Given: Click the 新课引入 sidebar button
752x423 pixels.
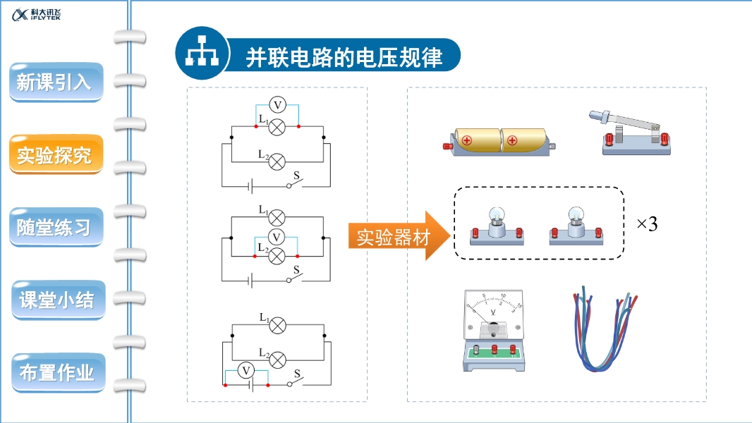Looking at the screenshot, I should [x=55, y=82].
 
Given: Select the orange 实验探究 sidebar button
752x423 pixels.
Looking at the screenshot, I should [x=55, y=155].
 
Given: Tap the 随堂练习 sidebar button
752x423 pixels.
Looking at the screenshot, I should [x=55, y=227].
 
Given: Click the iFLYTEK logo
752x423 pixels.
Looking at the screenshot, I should [x=37, y=15].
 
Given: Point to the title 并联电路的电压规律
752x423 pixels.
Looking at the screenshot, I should [x=344, y=58].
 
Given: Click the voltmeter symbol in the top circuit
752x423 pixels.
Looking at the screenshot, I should [x=277, y=105].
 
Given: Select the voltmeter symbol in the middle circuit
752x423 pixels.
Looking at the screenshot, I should [x=277, y=237].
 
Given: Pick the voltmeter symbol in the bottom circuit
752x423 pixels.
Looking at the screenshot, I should [x=246, y=370].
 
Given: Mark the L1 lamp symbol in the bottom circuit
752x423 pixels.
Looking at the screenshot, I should [x=279, y=324].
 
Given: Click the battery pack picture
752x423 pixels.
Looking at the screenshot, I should [x=499, y=141].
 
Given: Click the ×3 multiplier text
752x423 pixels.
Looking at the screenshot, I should [x=646, y=224].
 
